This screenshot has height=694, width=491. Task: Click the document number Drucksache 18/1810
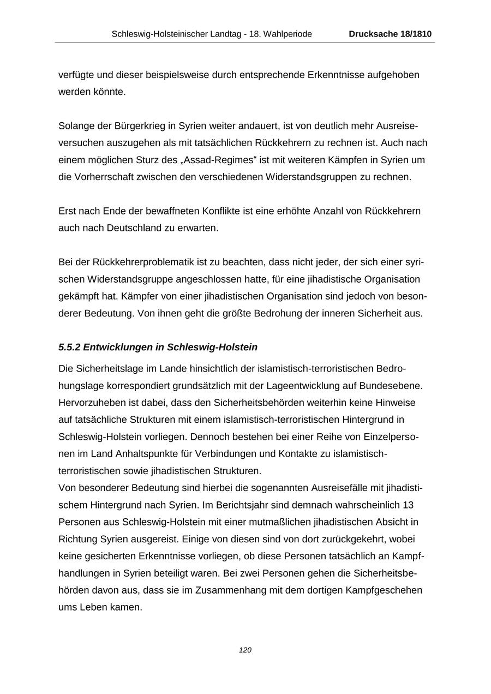(390, 34)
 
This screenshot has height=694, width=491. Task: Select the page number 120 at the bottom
(245, 650)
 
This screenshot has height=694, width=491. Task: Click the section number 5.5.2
(69, 347)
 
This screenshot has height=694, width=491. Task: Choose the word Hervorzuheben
(89, 403)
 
